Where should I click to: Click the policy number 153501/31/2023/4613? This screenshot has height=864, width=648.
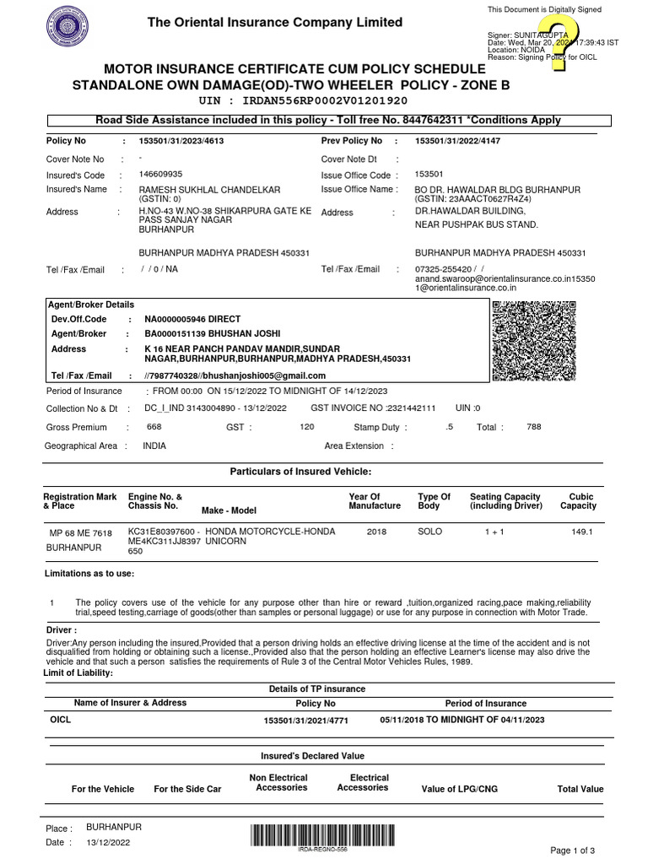pyautogui.click(x=181, y=142)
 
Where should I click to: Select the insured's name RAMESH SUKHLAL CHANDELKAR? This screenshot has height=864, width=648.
pyautogui.click(x=209, y=190)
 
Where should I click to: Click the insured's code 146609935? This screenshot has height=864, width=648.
pyautogui.click(x=160, y=175)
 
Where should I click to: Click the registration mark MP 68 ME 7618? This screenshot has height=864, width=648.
pyautogui.click(x=81, y=533)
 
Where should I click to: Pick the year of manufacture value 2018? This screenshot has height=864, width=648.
pyautogui.click(x=377, y=532)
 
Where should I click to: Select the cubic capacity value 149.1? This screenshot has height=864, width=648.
pyautogui.click(x=582, y=532)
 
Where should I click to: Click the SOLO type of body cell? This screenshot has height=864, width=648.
pyautogui.click(x=430, y=532)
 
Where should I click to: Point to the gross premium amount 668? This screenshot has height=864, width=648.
pyautogui.click(x=154, y=427)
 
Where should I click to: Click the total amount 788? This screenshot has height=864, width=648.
pyautogui.click(x=533, y=427)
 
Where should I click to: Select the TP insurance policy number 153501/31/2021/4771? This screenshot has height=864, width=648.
pyautogui.click(x=305, y=721)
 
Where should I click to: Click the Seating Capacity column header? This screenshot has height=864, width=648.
pyautogui.click(x=505, y=501)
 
